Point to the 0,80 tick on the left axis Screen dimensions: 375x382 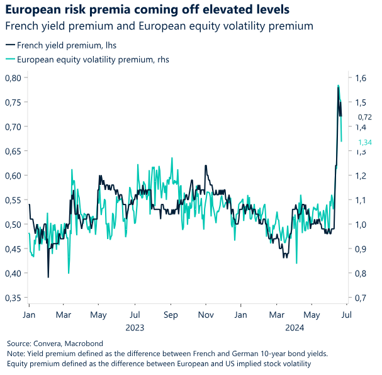12,77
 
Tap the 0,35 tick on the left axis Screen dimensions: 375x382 12,298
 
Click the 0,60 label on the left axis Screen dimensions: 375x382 12,176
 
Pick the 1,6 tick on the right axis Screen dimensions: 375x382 360,78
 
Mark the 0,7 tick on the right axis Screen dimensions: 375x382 360,298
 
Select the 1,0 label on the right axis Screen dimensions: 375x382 360,225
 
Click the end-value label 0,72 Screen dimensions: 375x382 364,117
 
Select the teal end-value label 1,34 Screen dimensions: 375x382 364,142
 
